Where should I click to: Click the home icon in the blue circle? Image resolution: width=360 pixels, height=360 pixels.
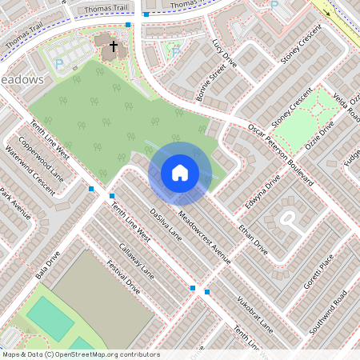pos(179,173)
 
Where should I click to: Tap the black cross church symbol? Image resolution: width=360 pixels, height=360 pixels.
pos(114,46)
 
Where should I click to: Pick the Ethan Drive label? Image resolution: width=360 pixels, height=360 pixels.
pos(251,238)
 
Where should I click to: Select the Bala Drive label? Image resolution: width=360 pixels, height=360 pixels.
pos(48,267)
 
